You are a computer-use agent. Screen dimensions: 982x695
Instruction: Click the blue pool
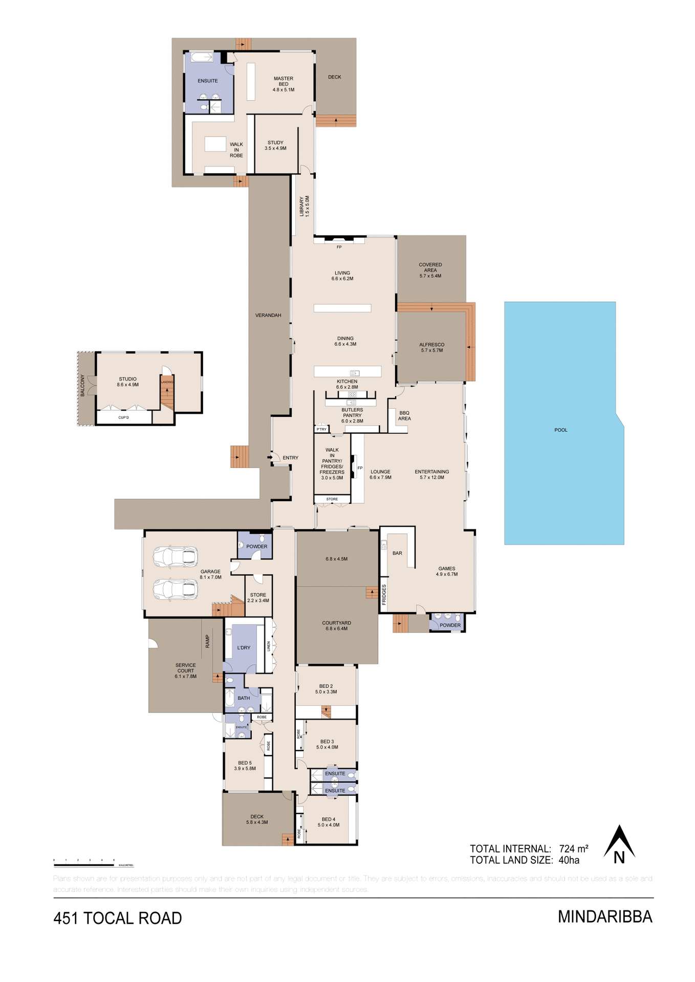click(563, 425)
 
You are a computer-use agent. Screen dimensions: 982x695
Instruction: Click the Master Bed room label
click(283, 84)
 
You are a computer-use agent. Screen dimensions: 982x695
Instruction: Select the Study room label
click(275, 146)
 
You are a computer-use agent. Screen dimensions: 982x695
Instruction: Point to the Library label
click(304, 206)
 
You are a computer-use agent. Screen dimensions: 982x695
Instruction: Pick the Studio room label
click(127, 382)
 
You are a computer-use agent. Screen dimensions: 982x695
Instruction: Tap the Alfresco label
click(431, 348)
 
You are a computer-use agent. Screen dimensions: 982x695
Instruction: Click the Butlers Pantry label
click(352, 415)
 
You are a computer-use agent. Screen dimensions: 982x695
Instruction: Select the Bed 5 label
click(245, 766)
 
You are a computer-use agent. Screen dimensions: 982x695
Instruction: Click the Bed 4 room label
click(328, 822)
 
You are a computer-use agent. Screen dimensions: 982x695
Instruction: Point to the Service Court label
click(185, 671)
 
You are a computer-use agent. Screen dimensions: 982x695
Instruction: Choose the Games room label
click(446, 571)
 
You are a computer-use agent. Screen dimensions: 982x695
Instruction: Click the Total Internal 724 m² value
click(573, 849)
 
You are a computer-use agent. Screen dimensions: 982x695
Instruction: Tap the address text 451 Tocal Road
click(118, 919)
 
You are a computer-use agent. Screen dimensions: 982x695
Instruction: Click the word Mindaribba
click(605, 917)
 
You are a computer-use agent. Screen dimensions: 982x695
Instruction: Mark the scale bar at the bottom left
click(84, 865)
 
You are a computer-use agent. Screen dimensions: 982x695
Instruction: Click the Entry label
click(290, 458)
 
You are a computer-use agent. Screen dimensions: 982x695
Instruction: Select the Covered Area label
click(430, 270)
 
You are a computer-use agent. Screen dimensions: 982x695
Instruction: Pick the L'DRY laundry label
click(244, 648)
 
